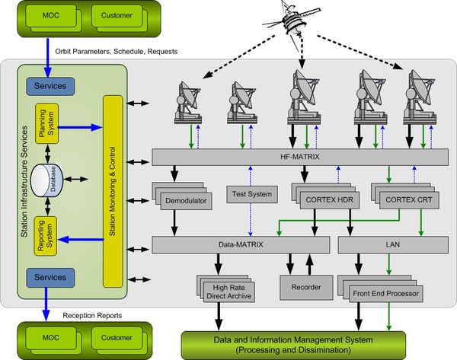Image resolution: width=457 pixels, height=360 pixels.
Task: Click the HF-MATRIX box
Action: click(x=299, y=158)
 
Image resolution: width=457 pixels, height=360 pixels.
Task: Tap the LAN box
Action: click(x=392, y=245)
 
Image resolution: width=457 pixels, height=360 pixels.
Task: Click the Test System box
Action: click(x=250, y=195)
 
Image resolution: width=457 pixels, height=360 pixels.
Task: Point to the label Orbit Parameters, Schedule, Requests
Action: click(x=117, y=52)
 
